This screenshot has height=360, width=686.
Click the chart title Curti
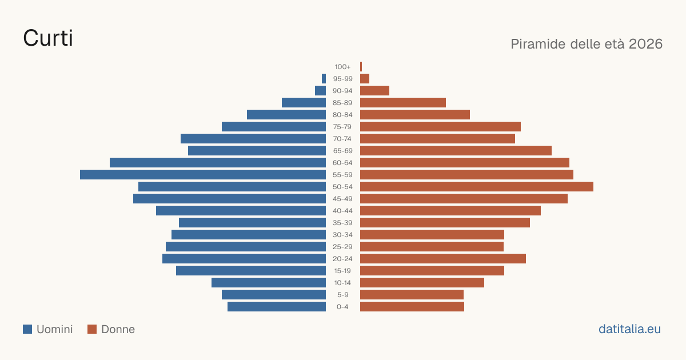click(x=48, y=38)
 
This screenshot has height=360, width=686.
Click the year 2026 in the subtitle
click(x=645, y=44)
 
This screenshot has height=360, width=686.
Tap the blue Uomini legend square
click(x=27, y=329)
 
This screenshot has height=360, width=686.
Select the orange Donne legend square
click(x=92, y=329)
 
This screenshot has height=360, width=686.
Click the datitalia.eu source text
click(x=629, y=329)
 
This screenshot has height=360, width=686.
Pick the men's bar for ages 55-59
click(x=203, y=174)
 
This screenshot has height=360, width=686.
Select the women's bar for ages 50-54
click(x=477, y=186)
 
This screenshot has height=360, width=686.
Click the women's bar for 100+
click(x=361, y=66)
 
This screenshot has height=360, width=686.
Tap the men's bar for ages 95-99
click(x=324, y=78)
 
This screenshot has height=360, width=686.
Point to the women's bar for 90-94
click(x=374, y=91)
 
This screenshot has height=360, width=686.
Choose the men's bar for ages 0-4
click(x=277, y=306)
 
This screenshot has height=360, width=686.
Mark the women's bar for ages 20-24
click(x=443, y=258)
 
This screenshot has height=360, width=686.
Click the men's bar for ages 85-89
click(x=304, y=102)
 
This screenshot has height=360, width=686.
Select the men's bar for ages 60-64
click(x=218, y=162)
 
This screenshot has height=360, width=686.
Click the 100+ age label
click(x=342, y=67)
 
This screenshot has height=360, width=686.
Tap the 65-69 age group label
click(x=342, y=151)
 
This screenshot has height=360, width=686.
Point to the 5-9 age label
click(x=342, y=294)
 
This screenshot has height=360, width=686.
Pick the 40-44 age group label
click(x=342, y=211)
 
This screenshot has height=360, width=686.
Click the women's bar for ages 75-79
click(x=440, y=126)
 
